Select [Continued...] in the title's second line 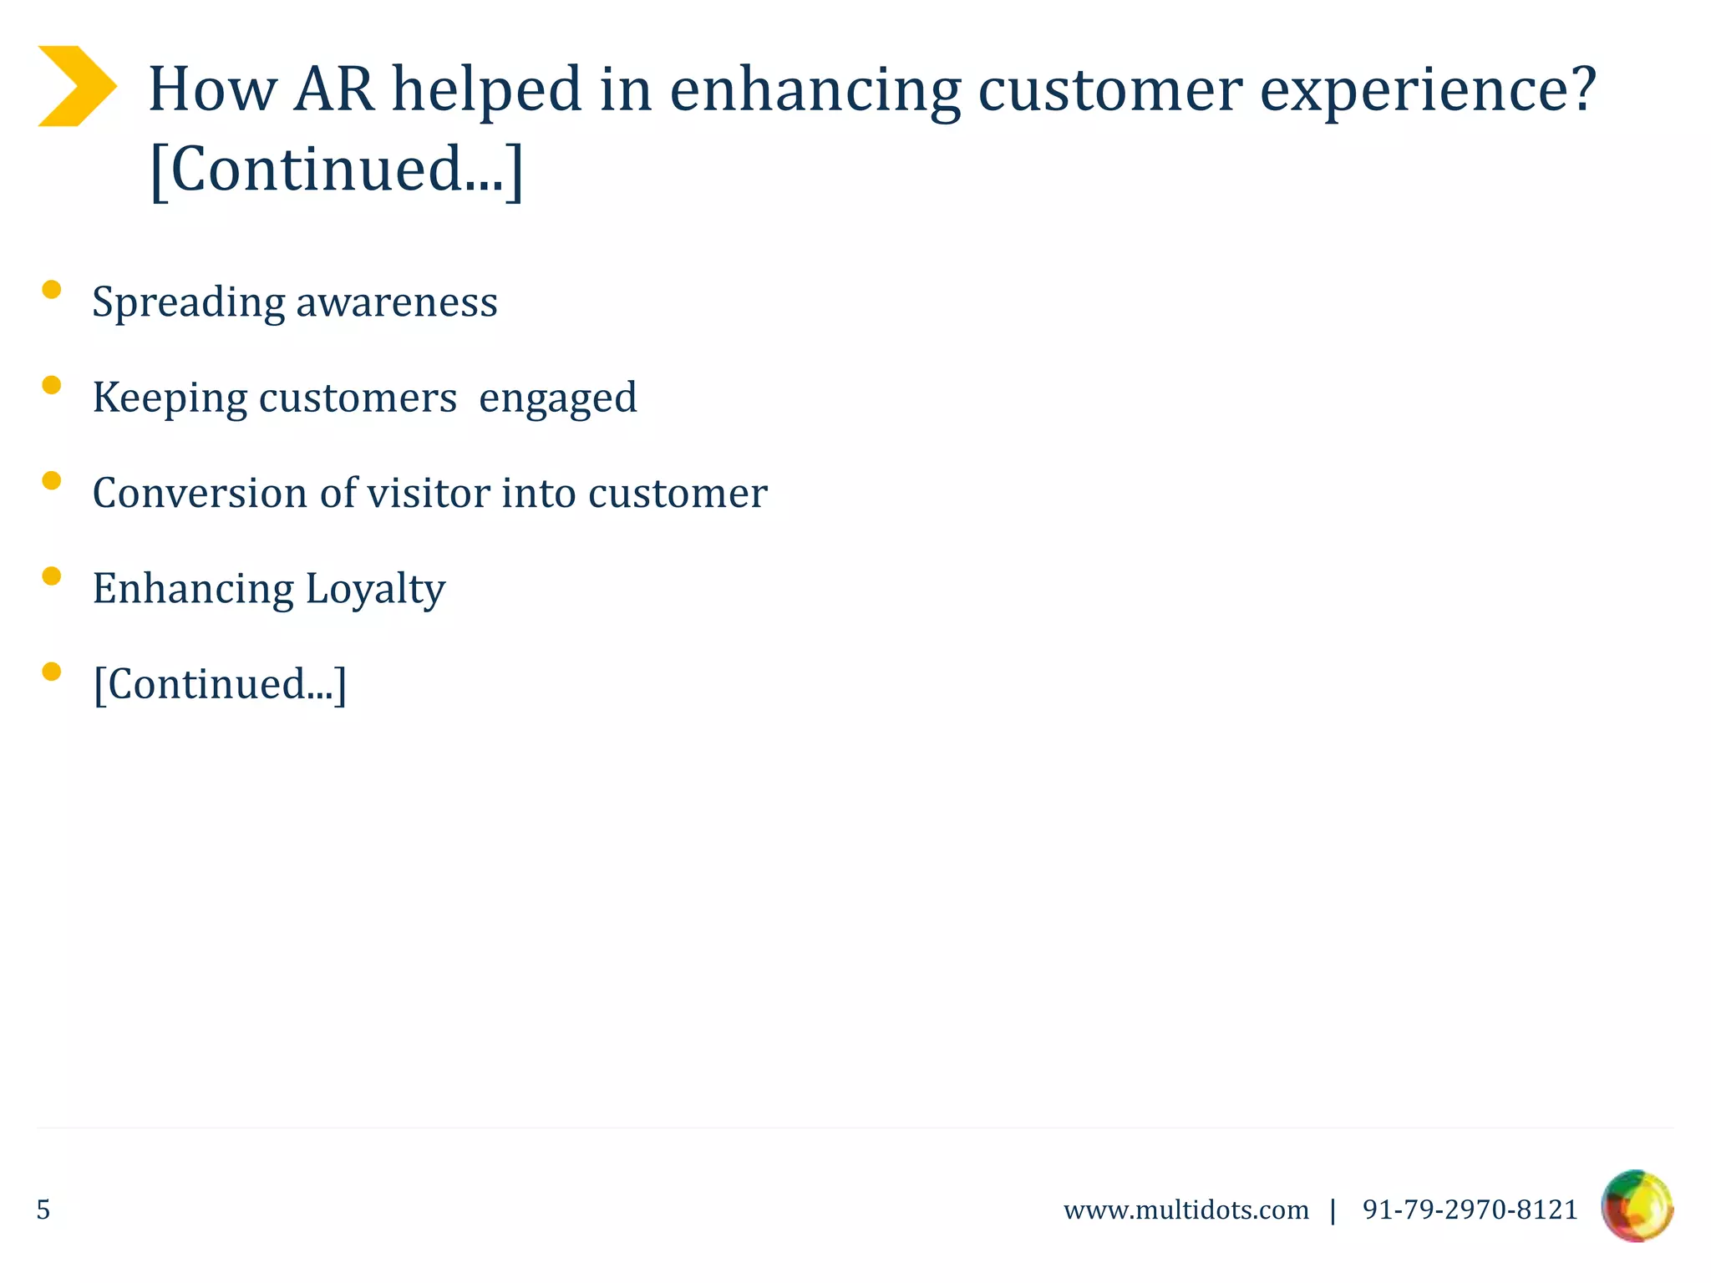[336, 170]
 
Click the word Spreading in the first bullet [188, 302]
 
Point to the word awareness [397, 302]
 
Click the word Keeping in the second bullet [170, 398]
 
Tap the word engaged [557, 398]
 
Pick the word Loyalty [375, 590]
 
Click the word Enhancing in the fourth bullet [193, 590]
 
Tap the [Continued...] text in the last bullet [220, 684]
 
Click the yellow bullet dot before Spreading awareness [52, 290]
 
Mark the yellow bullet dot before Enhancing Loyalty [52, 576]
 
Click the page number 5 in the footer [43, 1209]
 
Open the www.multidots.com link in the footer [1186, 1209]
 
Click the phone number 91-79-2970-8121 [1470, 1209]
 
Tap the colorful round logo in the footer [1637, 1206]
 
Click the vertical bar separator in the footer [1333, 1209]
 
